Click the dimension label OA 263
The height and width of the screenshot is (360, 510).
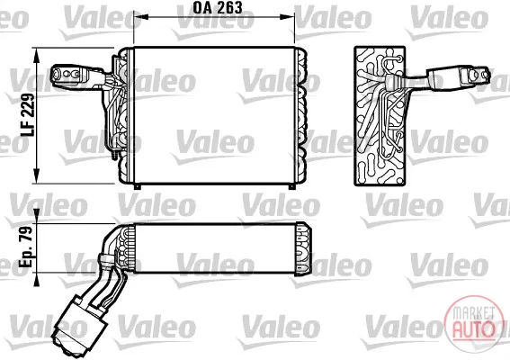[218, 8]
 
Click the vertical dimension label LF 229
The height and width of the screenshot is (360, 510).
[27, 114]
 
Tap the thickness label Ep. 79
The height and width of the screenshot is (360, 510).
[26, 247]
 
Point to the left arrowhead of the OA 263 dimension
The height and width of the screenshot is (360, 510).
[139, 16]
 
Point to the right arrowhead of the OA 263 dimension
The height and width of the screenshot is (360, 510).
[288, 16]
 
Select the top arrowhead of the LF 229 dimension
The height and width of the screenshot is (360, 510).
[36, 55]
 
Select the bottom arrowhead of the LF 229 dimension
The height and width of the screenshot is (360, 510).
[36, 175]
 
